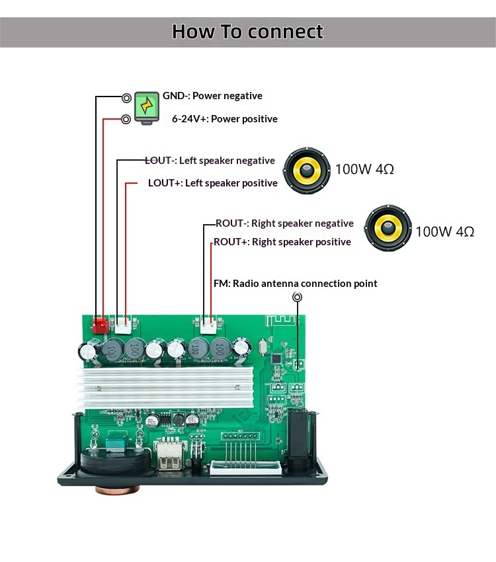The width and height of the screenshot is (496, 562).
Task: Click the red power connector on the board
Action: click(x=101, y=325)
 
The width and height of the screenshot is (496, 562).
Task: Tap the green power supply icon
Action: click(x=146, y=106)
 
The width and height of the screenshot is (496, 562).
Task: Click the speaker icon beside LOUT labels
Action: click(x=307, y=169)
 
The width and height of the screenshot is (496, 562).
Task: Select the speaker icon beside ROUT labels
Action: click(x=388, y=229)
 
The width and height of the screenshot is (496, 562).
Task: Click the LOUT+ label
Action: click(x=164, y=183)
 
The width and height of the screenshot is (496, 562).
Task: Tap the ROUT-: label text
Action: click(x=231, y=223)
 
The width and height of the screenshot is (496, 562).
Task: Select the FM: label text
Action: click(x=222, y=284)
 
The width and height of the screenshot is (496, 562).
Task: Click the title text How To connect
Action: click(x=247, y=31)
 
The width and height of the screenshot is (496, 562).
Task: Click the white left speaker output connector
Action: click(x=123, y=325)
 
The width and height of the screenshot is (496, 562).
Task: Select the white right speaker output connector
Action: click(x=208, y=325)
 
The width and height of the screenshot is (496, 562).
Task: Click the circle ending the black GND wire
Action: click(x=126, y=98)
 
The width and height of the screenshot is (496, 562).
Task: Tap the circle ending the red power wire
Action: click(x=126, y=120)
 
